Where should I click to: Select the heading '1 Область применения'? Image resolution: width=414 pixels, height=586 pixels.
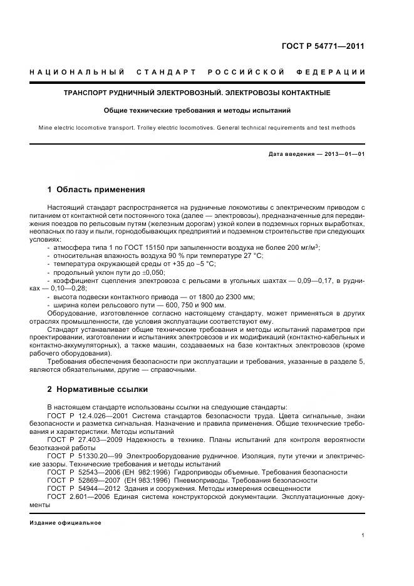[x=96, y=189]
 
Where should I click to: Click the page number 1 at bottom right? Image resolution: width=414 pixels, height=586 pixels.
[x=363, y=535]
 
